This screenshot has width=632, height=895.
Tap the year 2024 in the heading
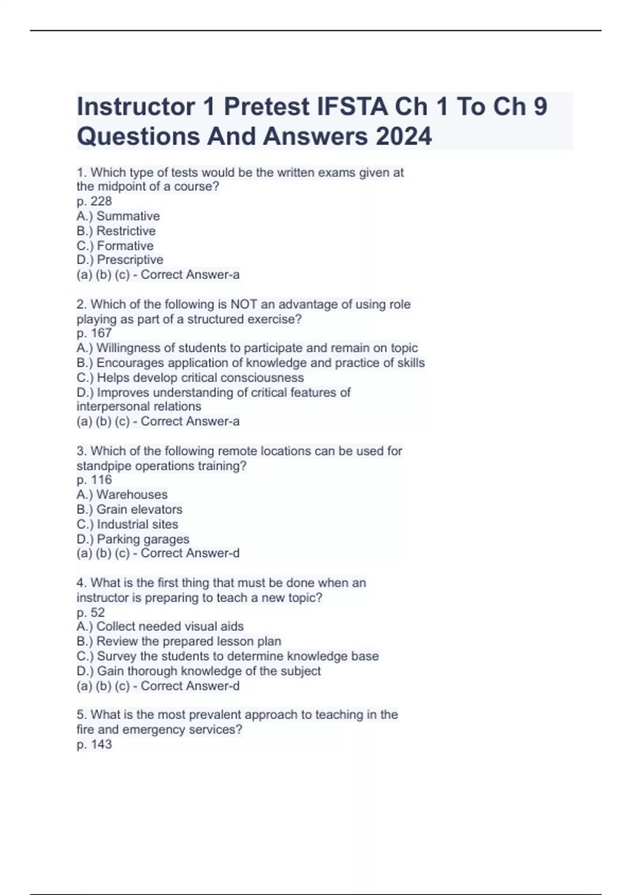pos(404,136)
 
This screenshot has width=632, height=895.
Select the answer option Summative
pos(127,216)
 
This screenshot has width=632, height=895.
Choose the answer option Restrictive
pos(126,231)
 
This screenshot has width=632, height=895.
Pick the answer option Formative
pos(125,245)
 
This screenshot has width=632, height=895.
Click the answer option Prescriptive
pos(130,260)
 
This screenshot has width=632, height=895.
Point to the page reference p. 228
pos(94,201)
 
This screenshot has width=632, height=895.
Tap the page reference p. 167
pos(94,333)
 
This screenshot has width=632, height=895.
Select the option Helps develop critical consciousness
pos(200,377)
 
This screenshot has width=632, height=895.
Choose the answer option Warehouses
pos(132,494)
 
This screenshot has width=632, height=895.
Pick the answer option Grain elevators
pos(139,509)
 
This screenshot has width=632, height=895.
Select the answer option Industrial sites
pos(137,524)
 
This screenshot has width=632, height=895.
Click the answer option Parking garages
pos(143,539)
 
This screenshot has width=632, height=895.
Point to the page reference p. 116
pos(94,480)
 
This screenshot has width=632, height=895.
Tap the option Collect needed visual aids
pos(170,626)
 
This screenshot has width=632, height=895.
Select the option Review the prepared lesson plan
pos(189,641)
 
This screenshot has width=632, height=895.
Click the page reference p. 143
pos(94,744)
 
